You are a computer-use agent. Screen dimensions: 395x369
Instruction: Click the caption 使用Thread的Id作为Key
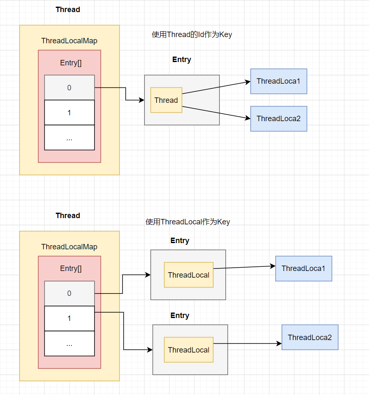tap(192, 35)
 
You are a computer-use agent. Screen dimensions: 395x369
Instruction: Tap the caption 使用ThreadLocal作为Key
tap(187, 222)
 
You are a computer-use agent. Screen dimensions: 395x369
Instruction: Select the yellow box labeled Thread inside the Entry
tap(166, 100)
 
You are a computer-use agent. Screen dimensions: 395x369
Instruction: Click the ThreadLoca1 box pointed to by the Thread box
tap(279, 81)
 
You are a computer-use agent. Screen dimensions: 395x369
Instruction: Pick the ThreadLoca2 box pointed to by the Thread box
tap(279, 119)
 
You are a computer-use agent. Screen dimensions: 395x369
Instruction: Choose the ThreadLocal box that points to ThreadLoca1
tap(189, 275)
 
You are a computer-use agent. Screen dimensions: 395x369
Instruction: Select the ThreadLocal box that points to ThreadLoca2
tap(189, 350)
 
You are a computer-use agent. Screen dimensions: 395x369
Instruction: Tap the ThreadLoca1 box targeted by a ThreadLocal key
tap(304, 268)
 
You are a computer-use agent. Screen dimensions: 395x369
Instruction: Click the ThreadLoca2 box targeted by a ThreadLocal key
tap(310, 337)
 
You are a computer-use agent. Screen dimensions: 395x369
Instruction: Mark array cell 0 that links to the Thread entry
tap(69, 87)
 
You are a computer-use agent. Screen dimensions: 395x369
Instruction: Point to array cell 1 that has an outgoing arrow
tap(69, 318)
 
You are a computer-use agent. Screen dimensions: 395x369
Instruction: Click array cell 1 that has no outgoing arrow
tap(69, 112)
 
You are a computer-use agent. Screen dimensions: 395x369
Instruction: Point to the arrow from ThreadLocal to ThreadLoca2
tap(247, 344)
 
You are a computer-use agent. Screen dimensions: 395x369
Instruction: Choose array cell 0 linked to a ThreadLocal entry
tap(69, 293)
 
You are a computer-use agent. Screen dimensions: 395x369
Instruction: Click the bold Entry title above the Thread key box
tap(182, 60)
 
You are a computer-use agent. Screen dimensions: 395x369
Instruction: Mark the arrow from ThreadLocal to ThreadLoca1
tap(244, 267)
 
